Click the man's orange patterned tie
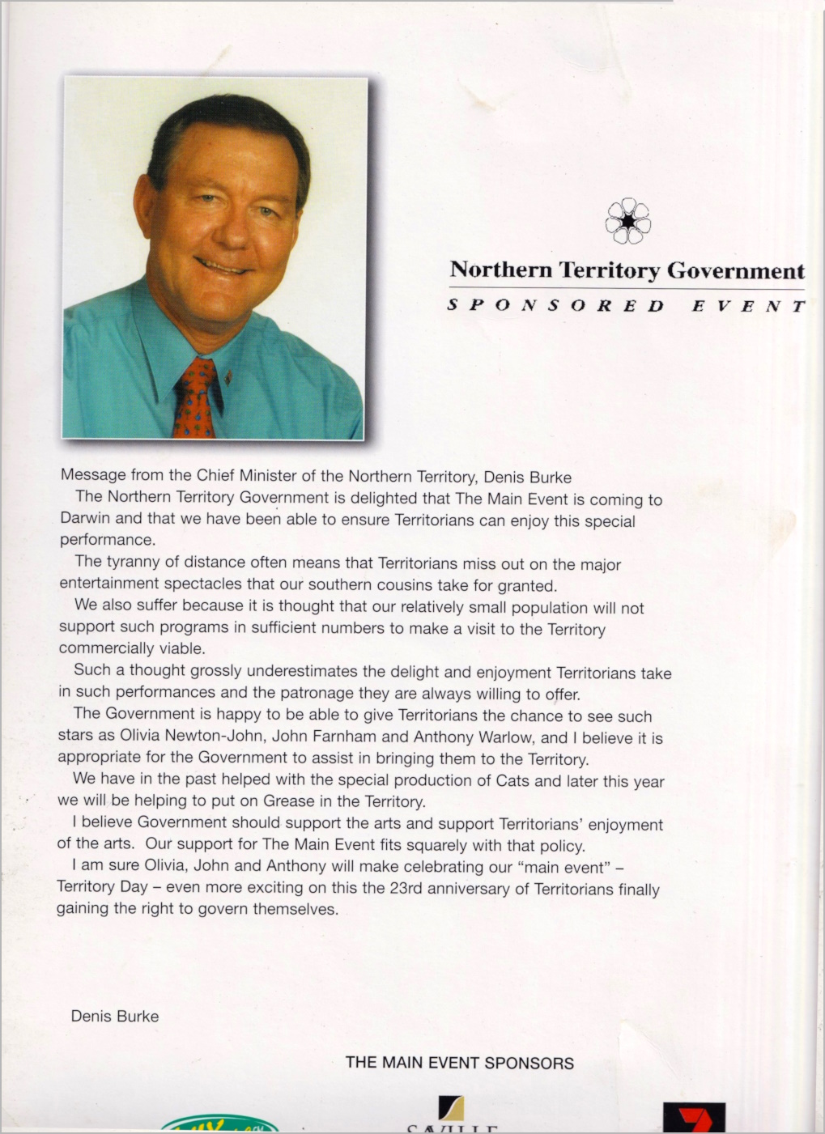click(195, 401)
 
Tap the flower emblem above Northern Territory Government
click(628, 221)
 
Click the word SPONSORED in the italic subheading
click(555, 306)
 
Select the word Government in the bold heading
click(736, 270)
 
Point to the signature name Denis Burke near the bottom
click(115, 1016)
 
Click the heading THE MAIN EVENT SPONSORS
click(459, 1063)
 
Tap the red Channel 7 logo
click(694, 1118)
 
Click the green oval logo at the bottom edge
click(219, 1125)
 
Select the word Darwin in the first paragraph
click(85, 518)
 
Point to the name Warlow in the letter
click(506, 737)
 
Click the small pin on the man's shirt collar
click(231, 376)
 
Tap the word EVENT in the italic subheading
click(748, 306)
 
